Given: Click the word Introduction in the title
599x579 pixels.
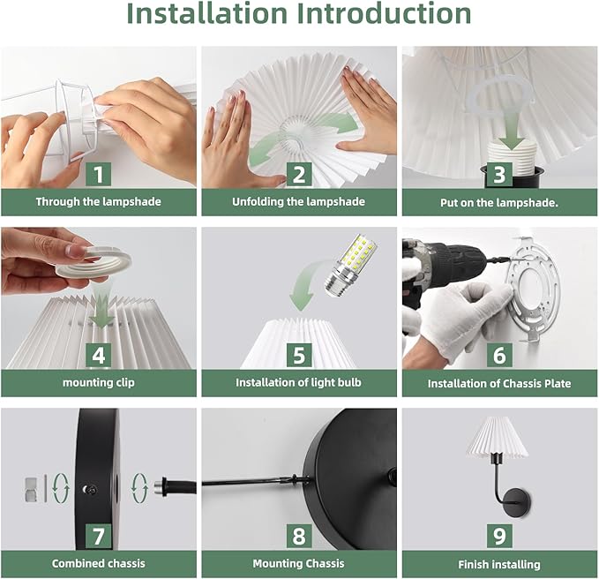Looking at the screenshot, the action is tap(384, 14).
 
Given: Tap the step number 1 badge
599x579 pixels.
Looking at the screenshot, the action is tap(99, 174).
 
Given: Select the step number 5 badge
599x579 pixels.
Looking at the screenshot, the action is tap(299, 355).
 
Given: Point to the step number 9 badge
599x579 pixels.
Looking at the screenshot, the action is tap(499, 536).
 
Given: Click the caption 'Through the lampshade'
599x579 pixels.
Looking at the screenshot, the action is tap(99, 202).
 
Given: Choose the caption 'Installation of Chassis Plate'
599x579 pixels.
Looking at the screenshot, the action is tap(499, 383).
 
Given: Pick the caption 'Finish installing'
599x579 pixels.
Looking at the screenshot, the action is tap(499, 565).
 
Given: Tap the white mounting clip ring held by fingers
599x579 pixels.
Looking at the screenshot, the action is tap(94, 262).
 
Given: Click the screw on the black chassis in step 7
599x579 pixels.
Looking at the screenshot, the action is tap(89, 489).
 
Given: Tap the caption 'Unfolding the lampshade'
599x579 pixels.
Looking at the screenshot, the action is tap(299, 202).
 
